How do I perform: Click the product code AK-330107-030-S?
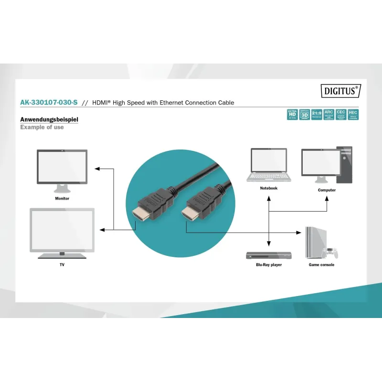(49, 102)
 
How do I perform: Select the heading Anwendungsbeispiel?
(49, 119)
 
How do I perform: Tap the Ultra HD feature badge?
(292, 115)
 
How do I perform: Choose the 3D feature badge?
(304, 115)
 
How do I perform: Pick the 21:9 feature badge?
(317, 115)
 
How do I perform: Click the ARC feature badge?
(329, 115)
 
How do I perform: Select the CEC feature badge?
(341, 115)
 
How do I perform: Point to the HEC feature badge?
(353, 115)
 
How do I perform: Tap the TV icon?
(62, 232)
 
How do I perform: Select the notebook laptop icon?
(269, 165)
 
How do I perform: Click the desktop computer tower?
(346, 165)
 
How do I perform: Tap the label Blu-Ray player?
(269, 265)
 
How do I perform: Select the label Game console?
(321, 265)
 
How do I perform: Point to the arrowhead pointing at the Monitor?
(96, 169)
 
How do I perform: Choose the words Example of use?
(42, 127)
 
